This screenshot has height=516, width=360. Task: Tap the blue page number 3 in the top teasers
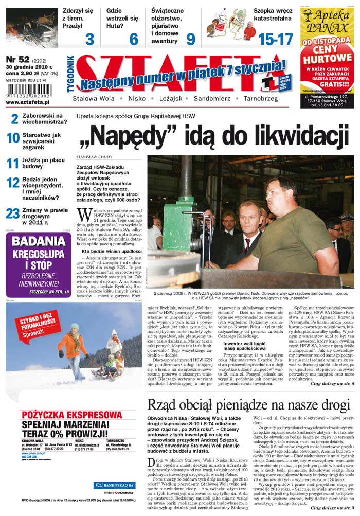coord(89,39)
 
